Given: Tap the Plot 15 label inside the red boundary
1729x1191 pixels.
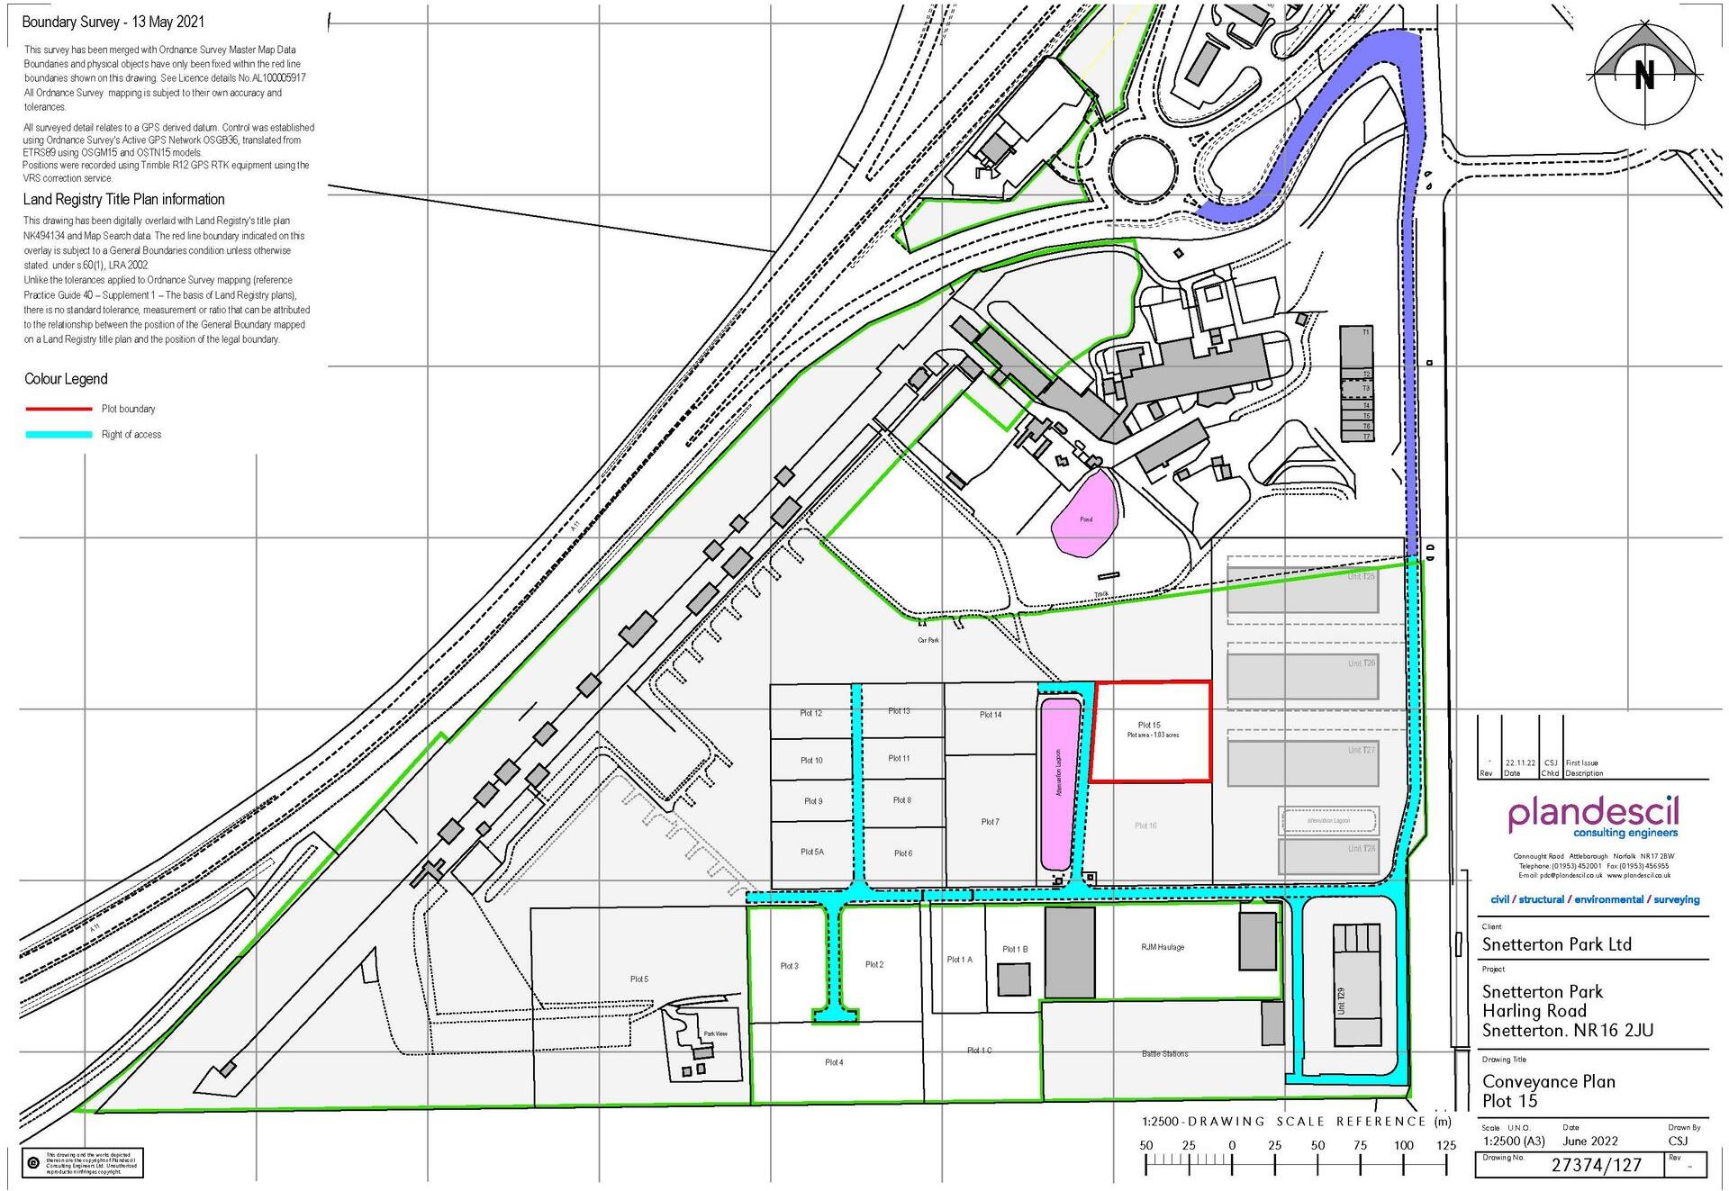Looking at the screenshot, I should click(x=1149, y=725).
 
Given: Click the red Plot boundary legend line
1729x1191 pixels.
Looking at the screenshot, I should click(x=59, y=409).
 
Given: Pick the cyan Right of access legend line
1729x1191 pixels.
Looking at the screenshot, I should click(x=59, y=435).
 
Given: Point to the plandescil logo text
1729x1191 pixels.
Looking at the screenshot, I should click(x=1593, y=814).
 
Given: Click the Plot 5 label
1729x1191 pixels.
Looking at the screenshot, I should click(x=638, y=979).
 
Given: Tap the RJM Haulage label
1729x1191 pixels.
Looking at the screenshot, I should click(x=1163, y=947).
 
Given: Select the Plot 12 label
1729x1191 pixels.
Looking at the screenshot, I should click(x=810, y=713).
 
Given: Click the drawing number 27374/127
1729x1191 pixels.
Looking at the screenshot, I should click(x=1596, y=1165).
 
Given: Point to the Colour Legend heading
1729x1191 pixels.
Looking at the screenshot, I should click(x=66, y=379).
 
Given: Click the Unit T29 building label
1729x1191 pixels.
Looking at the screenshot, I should click(x=1342, y=1001).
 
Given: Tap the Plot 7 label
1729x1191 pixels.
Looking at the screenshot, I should click(x=990, y=822).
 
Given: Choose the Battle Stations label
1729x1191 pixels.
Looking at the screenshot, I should click(x=1164, y=1053).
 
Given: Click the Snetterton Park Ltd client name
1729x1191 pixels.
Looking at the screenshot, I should click(x=1556, y=944).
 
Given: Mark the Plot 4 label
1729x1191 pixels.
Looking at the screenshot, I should click(x=834, y=1062).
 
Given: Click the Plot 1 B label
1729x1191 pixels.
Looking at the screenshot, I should click(x=1015, y=949).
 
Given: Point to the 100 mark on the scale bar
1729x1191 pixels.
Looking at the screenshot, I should click(x=1404, y=1145).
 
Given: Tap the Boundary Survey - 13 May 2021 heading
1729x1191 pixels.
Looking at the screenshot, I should click(x=113, y=22).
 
